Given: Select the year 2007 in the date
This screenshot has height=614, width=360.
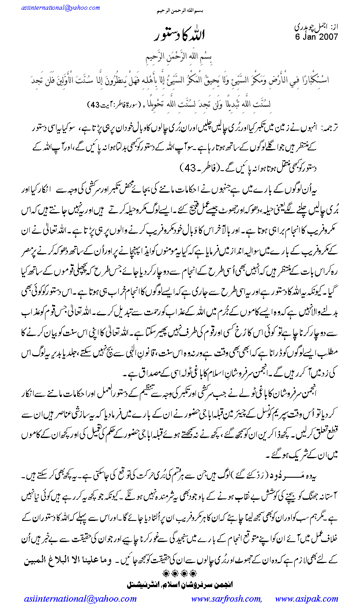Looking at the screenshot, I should (329, 37).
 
